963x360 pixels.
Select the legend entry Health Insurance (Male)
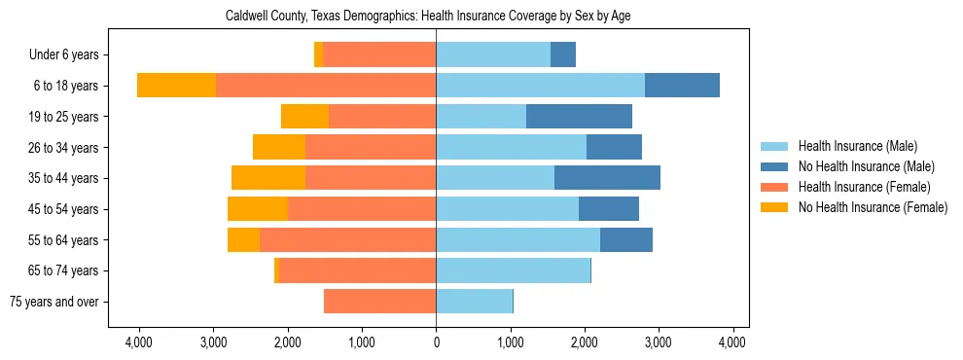tap(857, 146)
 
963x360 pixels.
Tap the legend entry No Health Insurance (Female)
tap(873, 207)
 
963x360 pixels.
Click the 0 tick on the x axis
tap(436, 342)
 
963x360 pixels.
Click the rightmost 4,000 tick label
tap(732, 342)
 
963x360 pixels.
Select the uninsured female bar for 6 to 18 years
tap(176, 86)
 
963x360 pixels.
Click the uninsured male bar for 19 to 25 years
tap(579, 117)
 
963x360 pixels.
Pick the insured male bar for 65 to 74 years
tap(513, 270)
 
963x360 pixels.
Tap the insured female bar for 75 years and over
tap(379, 302)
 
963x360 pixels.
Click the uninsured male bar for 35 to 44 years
tap(607, 178)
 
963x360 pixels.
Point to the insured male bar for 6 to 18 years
tap(540, 86)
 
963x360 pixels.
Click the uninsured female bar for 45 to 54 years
tap(258, 209)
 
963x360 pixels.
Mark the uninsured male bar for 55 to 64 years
tap(626, 240)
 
